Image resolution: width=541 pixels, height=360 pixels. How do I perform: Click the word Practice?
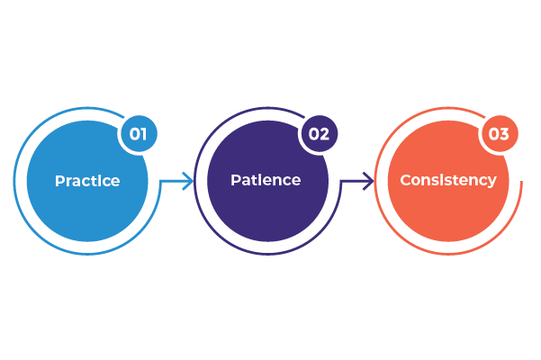[x=87, y=181]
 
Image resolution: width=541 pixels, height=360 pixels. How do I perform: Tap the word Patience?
[x=266, y=180]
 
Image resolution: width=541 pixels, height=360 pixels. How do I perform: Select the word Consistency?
[x=447, y=180]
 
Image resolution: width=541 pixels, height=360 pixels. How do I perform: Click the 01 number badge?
[x=139, y=135]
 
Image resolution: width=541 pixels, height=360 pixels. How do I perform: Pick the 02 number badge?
[x=320, y=135]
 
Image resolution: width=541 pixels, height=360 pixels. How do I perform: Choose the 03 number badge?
[x=499, y=135]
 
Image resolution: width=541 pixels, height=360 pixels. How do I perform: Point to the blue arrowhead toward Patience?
[x=188, y=181]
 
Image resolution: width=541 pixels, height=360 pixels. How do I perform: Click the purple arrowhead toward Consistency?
[x=368, y=181]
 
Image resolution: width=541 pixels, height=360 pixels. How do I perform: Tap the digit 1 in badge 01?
[x=144, y=135]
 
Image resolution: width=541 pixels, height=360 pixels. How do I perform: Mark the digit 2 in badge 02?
[x=325, y=135]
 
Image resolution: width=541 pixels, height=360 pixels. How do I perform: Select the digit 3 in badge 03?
[x=505, y=135]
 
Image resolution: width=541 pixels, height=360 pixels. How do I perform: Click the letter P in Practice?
[x=59, y=181]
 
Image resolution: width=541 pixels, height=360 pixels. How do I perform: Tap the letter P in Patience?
[x=235, y=180]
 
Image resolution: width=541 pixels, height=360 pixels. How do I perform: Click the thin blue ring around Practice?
[x=15, y=181]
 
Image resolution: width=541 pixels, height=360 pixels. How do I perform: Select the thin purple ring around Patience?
[x=195, y=181]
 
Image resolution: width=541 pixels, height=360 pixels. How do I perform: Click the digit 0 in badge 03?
[x=493, y=135]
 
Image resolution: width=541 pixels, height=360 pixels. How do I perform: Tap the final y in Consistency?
[x=491, y=182]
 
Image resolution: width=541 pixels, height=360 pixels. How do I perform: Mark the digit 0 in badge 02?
[x=313, y=135]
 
